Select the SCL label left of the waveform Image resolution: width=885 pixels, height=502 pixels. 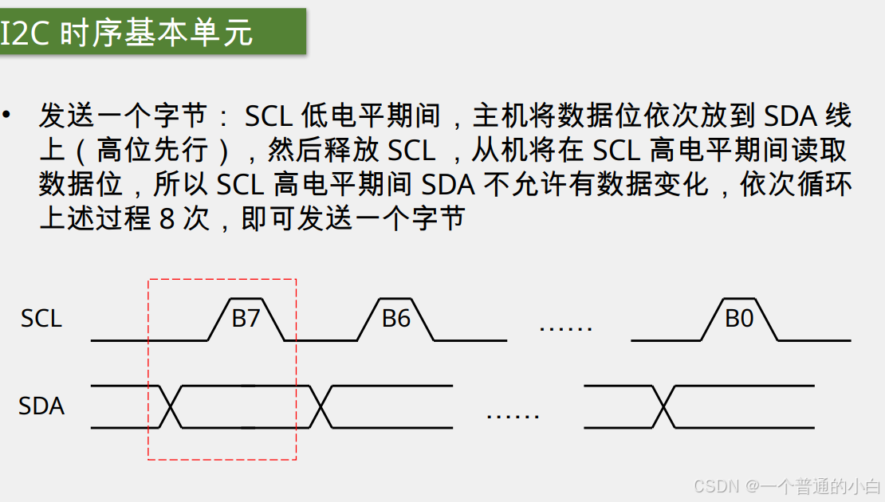(41, 319)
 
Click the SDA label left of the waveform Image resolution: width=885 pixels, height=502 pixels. (41, 406)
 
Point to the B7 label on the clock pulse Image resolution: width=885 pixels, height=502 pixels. (246, 319)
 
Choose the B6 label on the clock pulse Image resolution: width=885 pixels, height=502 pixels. (395, 319)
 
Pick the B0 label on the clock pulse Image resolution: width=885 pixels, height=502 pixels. (739, 319)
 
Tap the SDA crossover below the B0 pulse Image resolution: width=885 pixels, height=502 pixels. (663, 406)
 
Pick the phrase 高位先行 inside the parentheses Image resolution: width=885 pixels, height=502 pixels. (151, 151)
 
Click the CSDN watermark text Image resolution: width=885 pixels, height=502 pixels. (718, 485)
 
